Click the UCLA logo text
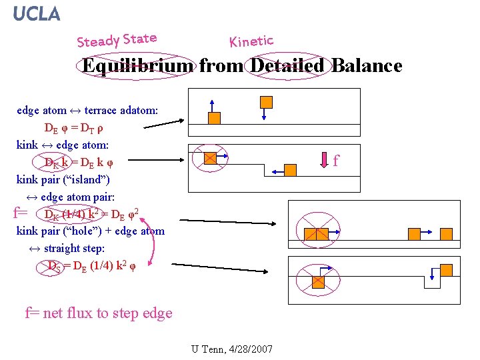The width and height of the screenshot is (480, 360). click(x=37, y=13)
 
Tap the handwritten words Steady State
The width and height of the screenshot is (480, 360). click(x=117, y=40)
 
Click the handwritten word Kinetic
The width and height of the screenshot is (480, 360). click(x=251, y=41)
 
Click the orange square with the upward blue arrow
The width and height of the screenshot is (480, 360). click(x=214, y=117)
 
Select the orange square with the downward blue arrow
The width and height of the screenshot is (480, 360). click(x=266, y=102)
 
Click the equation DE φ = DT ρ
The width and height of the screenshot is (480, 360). click(x=73, y=127)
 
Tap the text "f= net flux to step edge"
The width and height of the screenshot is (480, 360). click(x=99, y=313)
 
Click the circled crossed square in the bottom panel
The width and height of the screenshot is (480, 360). click(x=318, y=281)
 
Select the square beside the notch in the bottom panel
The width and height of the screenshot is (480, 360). click(x=446, y=270)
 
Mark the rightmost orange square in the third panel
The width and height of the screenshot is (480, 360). click(x=446, y=233)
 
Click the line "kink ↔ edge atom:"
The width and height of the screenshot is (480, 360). click(x=63, y=145)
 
